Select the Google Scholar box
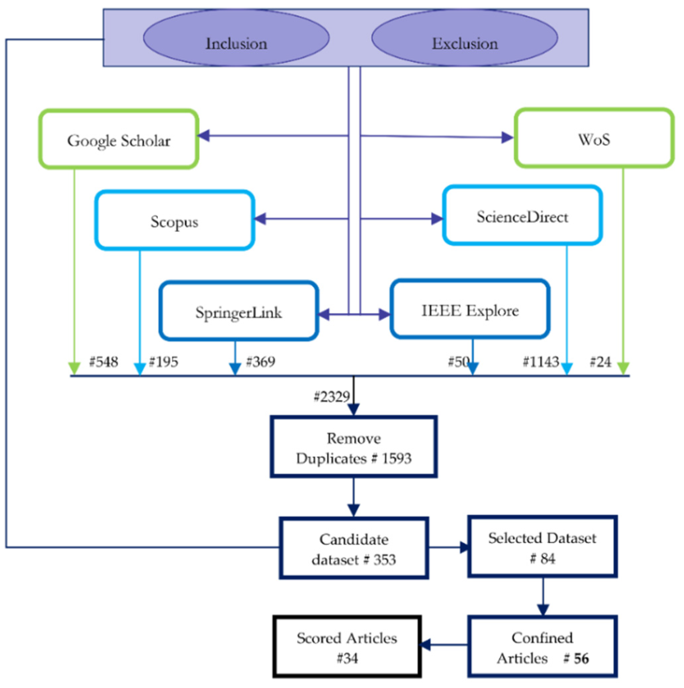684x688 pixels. (118, 139)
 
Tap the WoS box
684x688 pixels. (594, 138)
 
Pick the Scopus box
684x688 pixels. (174, 221)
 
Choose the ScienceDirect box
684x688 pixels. (522, 216)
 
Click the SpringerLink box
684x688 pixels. (239, 311)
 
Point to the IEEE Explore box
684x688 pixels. (470, 309)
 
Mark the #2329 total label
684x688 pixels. (331, 396)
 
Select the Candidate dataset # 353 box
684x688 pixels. (354, 549)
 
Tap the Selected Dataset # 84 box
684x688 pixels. (542, 547)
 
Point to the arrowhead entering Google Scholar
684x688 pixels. (204, 135)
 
